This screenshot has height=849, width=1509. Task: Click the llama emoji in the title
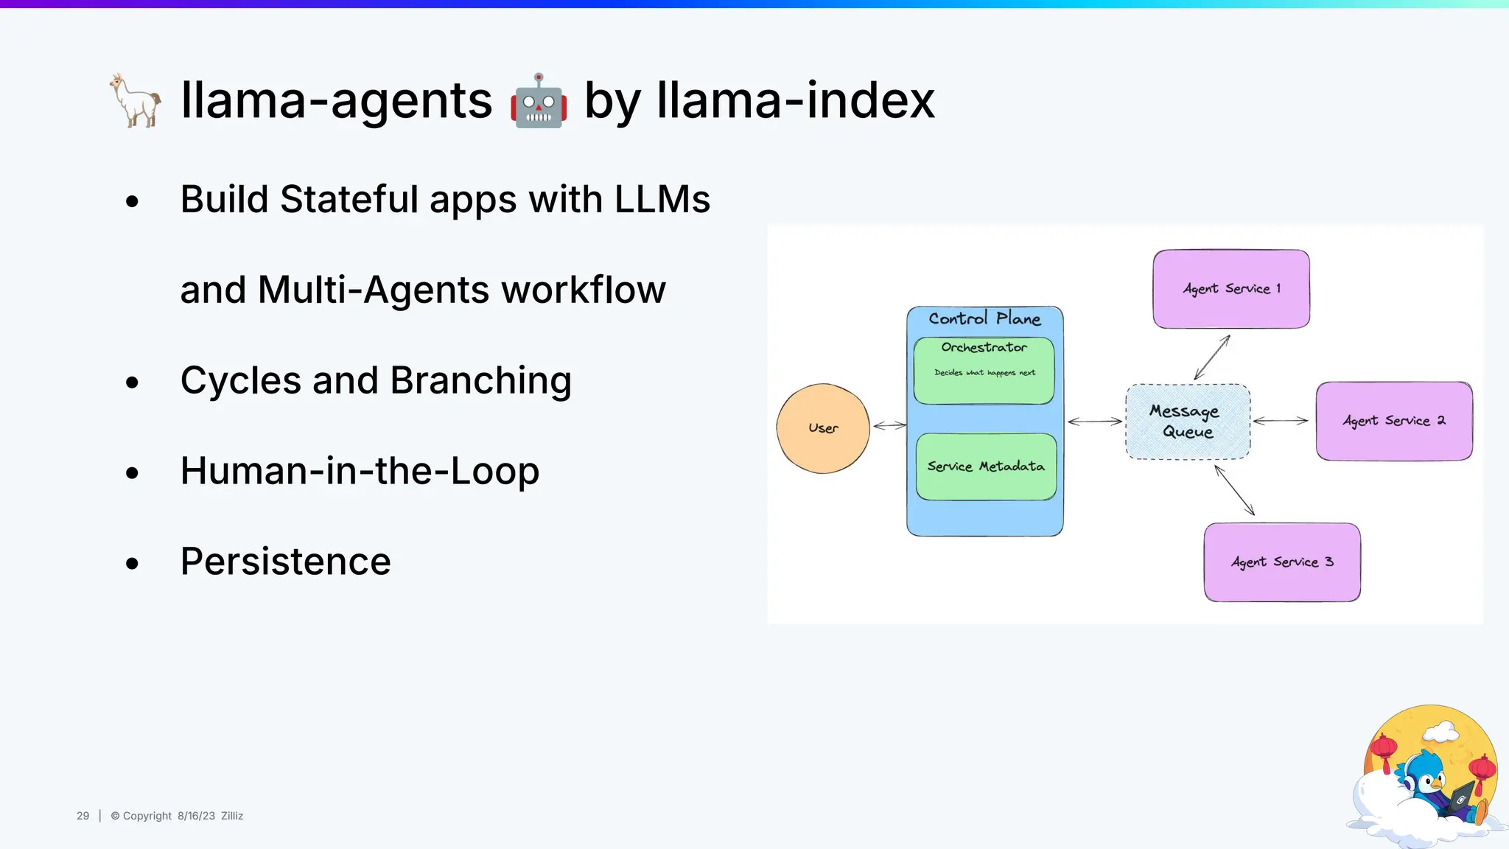pyautogui.click(x=136, y=100)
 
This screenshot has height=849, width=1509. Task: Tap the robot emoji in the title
pyautogui.click(x=539, y=101)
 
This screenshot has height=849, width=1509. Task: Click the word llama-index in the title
pyautogui.click(x=796, y=100)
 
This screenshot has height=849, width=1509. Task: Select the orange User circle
pyautogui.click(x=823, y=428)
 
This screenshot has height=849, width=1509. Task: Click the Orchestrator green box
pyautogui.click(x=984, y=371)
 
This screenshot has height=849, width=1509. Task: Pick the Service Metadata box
pyautogui.click(x=986, y=467)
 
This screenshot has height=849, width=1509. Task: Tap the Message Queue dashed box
pyautogui.click(x=1188, y=422)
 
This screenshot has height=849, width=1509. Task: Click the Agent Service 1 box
pyautogui.click(x=1231, y=289)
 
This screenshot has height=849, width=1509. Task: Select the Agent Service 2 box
pyautogui.click(x=1394, y=421)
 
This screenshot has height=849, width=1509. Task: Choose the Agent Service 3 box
pyautogui.click(x=1282, y=562)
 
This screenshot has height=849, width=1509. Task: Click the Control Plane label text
pyautogui.click(x=984, y=318)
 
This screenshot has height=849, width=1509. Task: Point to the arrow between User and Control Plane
pyautogui.click(x=889, y=425)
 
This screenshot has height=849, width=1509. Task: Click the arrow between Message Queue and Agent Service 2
pyautogui.click(x=1281, y=421)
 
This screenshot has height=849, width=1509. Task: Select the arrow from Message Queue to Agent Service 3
pyautogui.click(x=1234, y=490)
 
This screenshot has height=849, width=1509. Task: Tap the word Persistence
pyautogui.click(x=286, y=562)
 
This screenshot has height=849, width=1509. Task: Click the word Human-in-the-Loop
pyautogui.click(x=360, y=471)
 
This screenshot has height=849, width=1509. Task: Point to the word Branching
pyautogui.click(x=480, y=381)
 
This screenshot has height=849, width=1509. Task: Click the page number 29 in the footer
pyautogui.click(x=83, y=816)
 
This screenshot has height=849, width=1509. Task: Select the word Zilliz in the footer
pyautogui.click(x=232, y=816)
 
